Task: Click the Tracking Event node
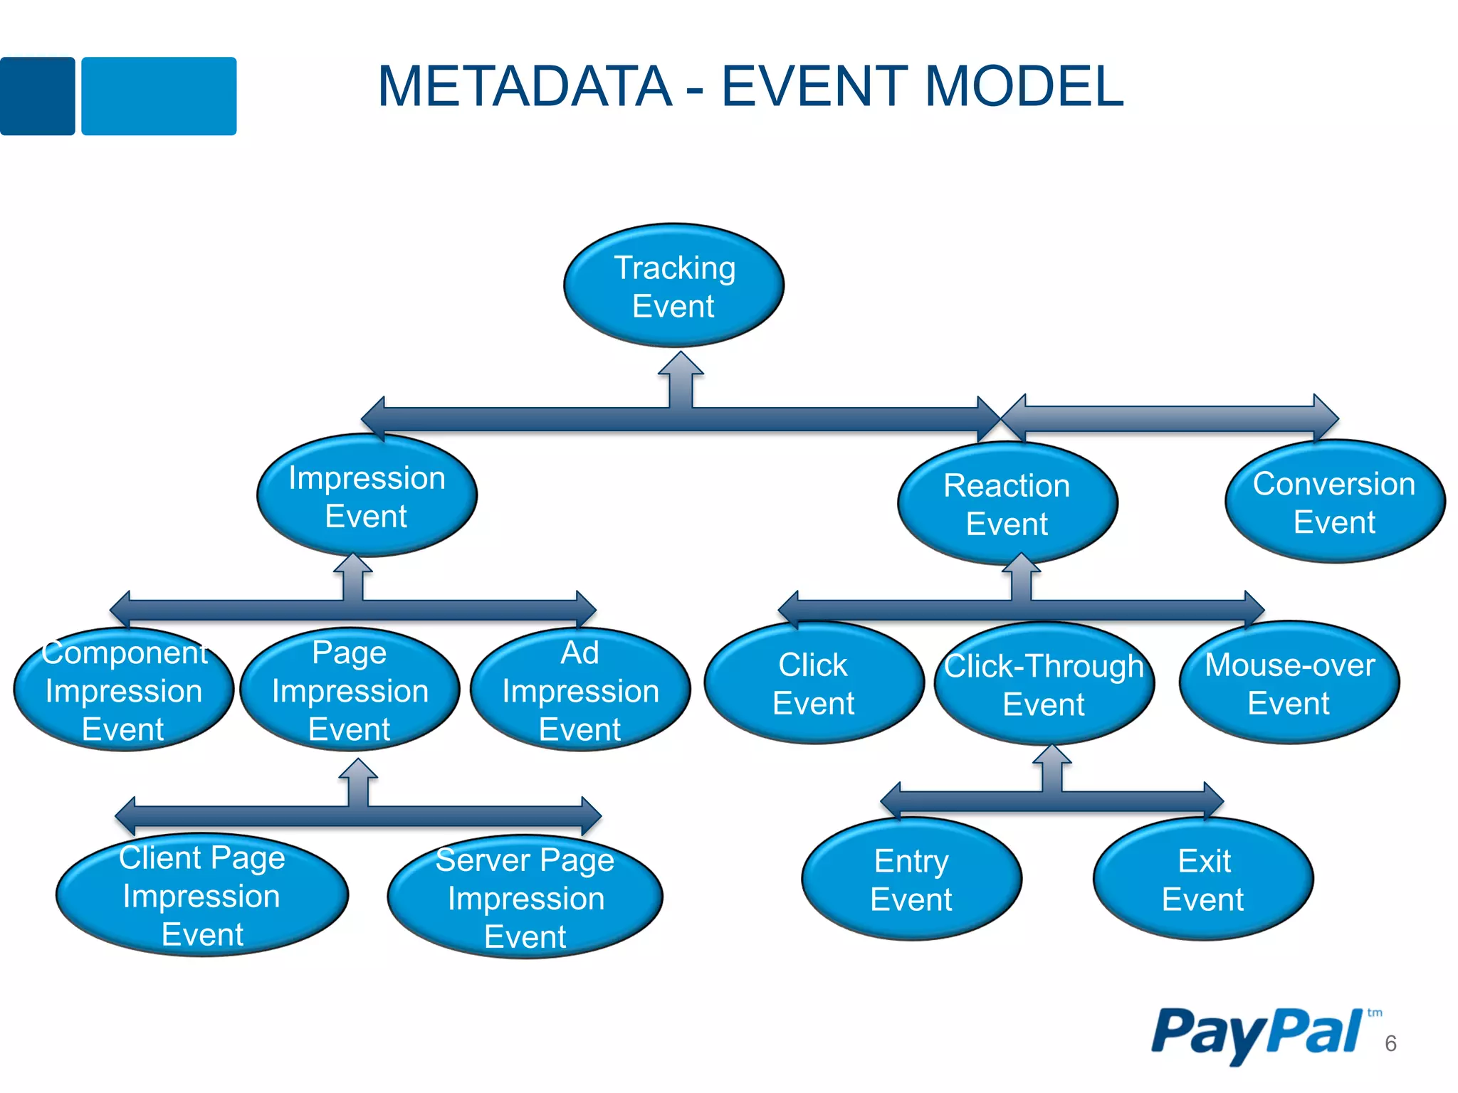[673, 286]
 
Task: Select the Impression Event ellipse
[367, 496]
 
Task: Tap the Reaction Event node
[1007, 504]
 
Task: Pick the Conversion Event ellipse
[1334, 502]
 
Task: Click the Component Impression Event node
[123, 690]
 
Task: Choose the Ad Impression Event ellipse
[580, 690]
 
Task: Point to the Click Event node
[813, 683]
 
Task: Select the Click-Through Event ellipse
[1044, 684]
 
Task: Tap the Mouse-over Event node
[1289, 683]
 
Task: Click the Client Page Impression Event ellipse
[202, 895]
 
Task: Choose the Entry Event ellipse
[911, 880]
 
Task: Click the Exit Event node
[1203, 880]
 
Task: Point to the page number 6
[1390, 1043]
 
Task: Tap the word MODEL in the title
[1024, 87]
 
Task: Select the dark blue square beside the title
[37, 96]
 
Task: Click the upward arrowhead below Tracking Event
[681, 364]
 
